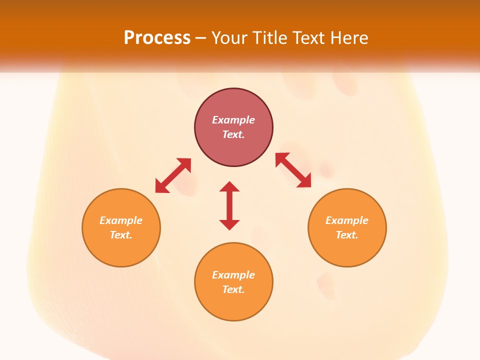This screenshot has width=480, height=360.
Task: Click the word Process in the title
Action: point(157,37)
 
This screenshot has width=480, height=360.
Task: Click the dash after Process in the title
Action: point(200,38)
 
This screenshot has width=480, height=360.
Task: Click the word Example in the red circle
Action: point(233,120)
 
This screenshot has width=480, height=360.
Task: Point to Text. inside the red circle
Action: point(233,134)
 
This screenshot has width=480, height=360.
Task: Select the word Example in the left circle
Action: point(121,220)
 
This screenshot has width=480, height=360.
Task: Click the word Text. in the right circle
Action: point(347,235)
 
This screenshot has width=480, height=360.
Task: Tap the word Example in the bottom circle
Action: point(233,275)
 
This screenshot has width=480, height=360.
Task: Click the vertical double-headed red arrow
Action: point(229,205)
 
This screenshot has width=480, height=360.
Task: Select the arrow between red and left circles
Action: point(173,175)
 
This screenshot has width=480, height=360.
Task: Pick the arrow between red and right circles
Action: point(293,170)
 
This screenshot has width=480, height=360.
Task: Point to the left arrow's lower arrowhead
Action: point(161,187)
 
